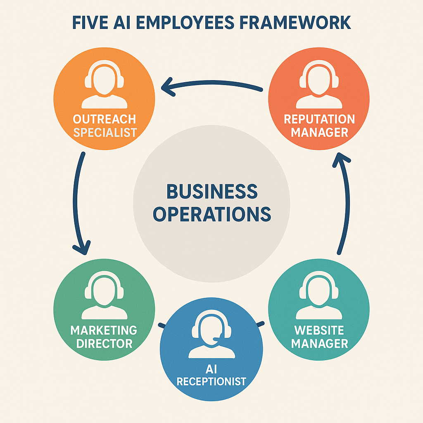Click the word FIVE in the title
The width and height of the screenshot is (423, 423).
[x=90, y=23]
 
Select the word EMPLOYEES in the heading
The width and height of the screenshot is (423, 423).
[x=185, y=23]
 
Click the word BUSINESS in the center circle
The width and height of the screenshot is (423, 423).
[x=212, y=192]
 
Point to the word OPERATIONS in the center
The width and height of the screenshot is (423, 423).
[x=212, y=214]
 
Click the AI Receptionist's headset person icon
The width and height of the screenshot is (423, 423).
[x=211, y=336]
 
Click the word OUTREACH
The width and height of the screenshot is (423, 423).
[x=105, y=119]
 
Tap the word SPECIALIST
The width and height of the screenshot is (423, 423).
[x=105, y=133]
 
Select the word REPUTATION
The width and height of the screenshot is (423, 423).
[x=319, y=119]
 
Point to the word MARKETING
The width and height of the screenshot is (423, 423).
[x=104, y=330]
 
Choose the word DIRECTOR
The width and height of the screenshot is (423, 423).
[x=105, y=344]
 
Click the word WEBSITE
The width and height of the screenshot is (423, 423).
[x=319, y=330]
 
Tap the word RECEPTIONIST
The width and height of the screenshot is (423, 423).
[x=211, y=381]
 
